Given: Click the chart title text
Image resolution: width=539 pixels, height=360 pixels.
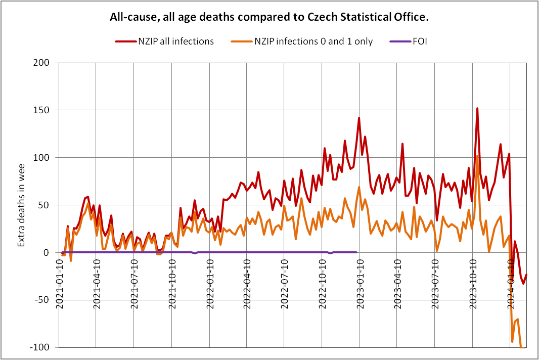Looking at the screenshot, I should point(269,17).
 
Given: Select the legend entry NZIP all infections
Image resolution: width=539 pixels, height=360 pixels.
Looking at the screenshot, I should point(176,41).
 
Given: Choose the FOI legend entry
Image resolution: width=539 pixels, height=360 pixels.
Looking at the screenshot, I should point(419,41).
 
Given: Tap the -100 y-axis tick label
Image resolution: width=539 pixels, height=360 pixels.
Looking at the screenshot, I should point(44,347).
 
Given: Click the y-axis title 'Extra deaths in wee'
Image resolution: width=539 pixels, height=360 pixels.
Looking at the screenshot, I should point(21,205).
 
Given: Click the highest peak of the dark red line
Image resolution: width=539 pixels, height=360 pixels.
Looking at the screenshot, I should point(477,108).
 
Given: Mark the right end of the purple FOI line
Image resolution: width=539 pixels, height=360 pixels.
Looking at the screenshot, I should point(356,252).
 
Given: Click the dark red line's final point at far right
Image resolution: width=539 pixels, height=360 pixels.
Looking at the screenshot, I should point(526,275).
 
